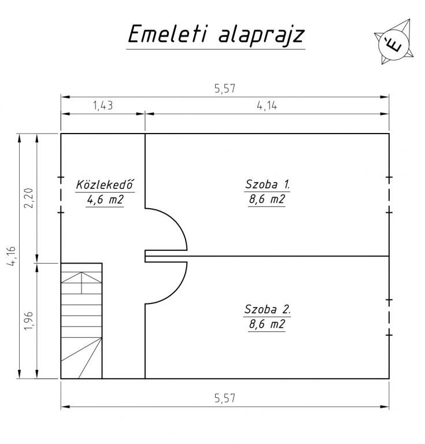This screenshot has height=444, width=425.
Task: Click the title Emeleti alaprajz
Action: coord(216,34)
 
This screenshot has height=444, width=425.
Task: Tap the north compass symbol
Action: coord(394,42)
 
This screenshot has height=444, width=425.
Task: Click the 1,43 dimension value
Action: coord(103,106)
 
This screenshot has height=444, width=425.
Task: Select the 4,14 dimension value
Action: coord(267,106)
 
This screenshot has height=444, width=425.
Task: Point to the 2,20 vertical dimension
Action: coord(28,198)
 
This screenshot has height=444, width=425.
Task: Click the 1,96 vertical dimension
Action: coord(28,320)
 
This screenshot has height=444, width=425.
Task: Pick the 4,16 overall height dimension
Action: coord(12,256)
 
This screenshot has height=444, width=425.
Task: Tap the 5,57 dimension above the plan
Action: coord(225,88)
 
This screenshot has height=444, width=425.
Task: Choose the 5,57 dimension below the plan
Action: coord(225,398)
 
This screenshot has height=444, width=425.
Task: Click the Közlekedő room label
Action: coord(105,184)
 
